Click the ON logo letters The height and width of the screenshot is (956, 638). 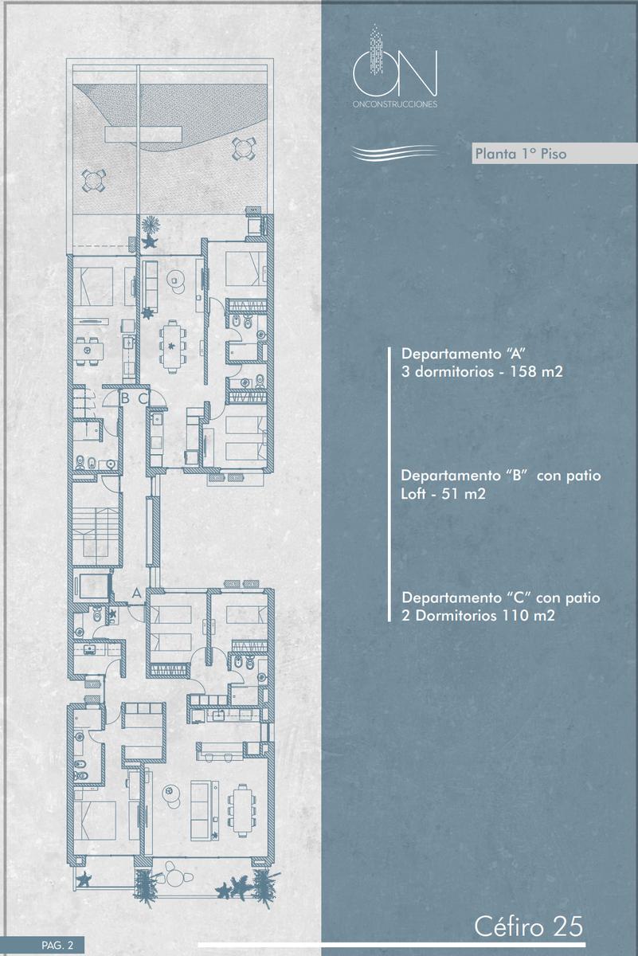(x=395, y=73)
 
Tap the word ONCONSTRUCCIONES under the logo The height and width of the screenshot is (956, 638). (x=395, y=104)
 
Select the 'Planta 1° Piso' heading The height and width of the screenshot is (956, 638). (x=521, y=153)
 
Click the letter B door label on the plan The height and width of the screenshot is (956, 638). (x=124, y=398)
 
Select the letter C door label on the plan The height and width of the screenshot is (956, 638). (x=143, y=398)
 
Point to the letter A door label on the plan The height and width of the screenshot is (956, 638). (x=136, y=593)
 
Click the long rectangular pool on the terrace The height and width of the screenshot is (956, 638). (x=143, y=135)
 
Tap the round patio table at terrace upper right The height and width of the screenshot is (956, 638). (x=245, y=148)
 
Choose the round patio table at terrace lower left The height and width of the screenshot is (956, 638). (x=93, y=180)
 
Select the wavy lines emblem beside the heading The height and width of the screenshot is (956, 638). (x=394, y=153)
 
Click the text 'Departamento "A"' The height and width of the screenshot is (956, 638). (x=463, y=354)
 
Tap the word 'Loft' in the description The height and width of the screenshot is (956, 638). (x=413, y=494)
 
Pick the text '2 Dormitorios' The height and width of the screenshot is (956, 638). (x=449, y=616)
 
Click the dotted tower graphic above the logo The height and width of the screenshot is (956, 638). (x=375, y=49)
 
